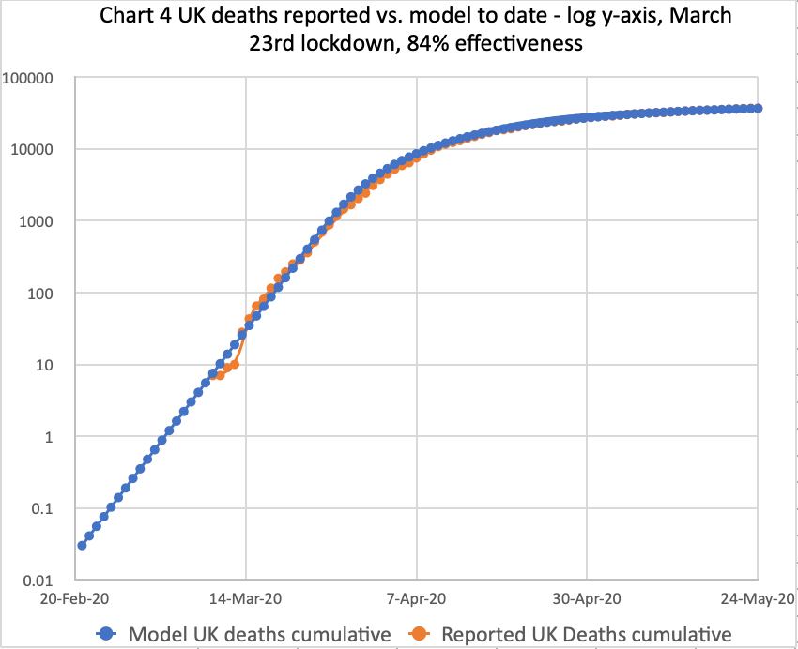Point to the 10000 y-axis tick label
tap(38, 150)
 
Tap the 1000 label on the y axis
tap(42, 222)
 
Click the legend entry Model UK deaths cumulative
tap(259, 634)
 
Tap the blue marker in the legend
tap(109, 634)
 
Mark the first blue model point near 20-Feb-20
tap(83, 545)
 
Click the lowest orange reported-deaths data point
tap(220, 375)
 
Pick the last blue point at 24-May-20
tap(758, 109)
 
